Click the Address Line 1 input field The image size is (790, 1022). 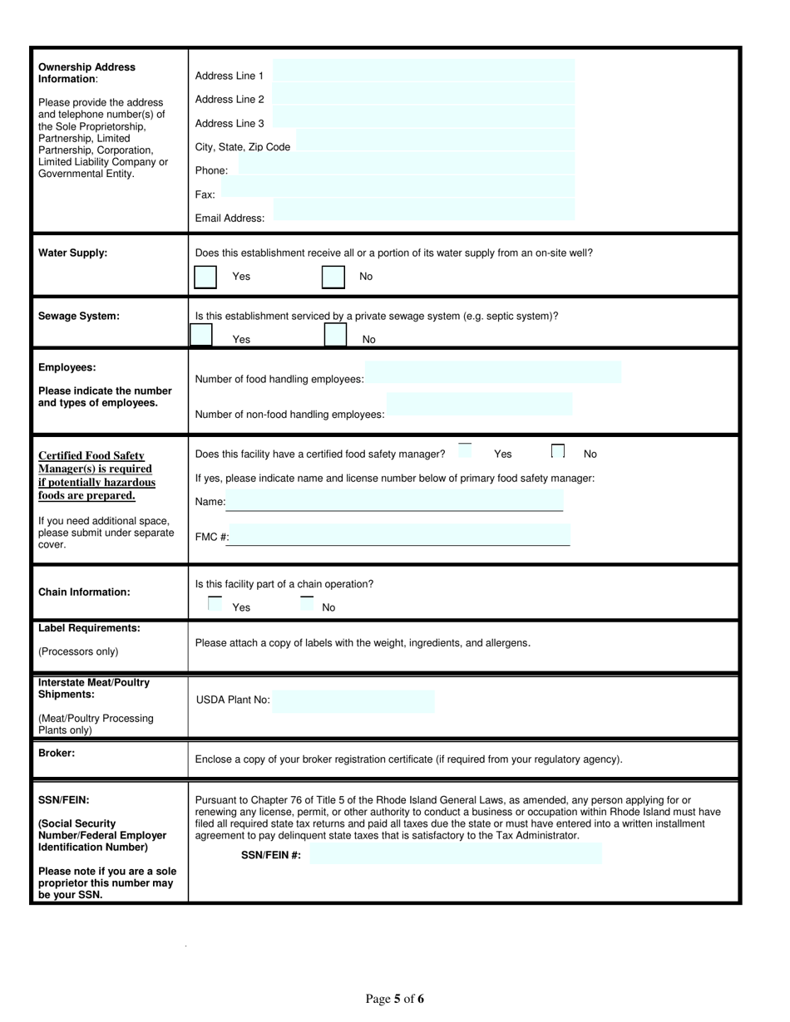tap(423, 75)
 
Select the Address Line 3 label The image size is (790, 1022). tap(230, 123)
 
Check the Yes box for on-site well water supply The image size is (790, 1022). tap(205, 277)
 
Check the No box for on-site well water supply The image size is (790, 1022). tap(333, 277)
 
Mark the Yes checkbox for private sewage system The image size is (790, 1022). tap(201, 335)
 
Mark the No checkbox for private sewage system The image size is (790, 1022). tap(335, 335)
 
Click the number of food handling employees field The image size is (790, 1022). tap(493, 373)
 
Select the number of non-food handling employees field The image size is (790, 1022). tap(480, 404)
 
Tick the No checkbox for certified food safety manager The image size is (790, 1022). tap(558, 451)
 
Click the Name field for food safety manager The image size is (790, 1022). tap(395, 502)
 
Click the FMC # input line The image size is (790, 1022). tap(399, 536)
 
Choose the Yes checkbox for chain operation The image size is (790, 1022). tap(215, 604)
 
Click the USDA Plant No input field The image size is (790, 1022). tap(353, 701)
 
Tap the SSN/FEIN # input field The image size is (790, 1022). tap(455, 854)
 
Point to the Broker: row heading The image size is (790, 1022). tap(57, 752)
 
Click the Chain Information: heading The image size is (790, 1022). tap(84, 592)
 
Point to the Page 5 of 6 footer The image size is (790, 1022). tap(395, 999)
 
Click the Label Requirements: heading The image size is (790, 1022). tap(89, 628)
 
